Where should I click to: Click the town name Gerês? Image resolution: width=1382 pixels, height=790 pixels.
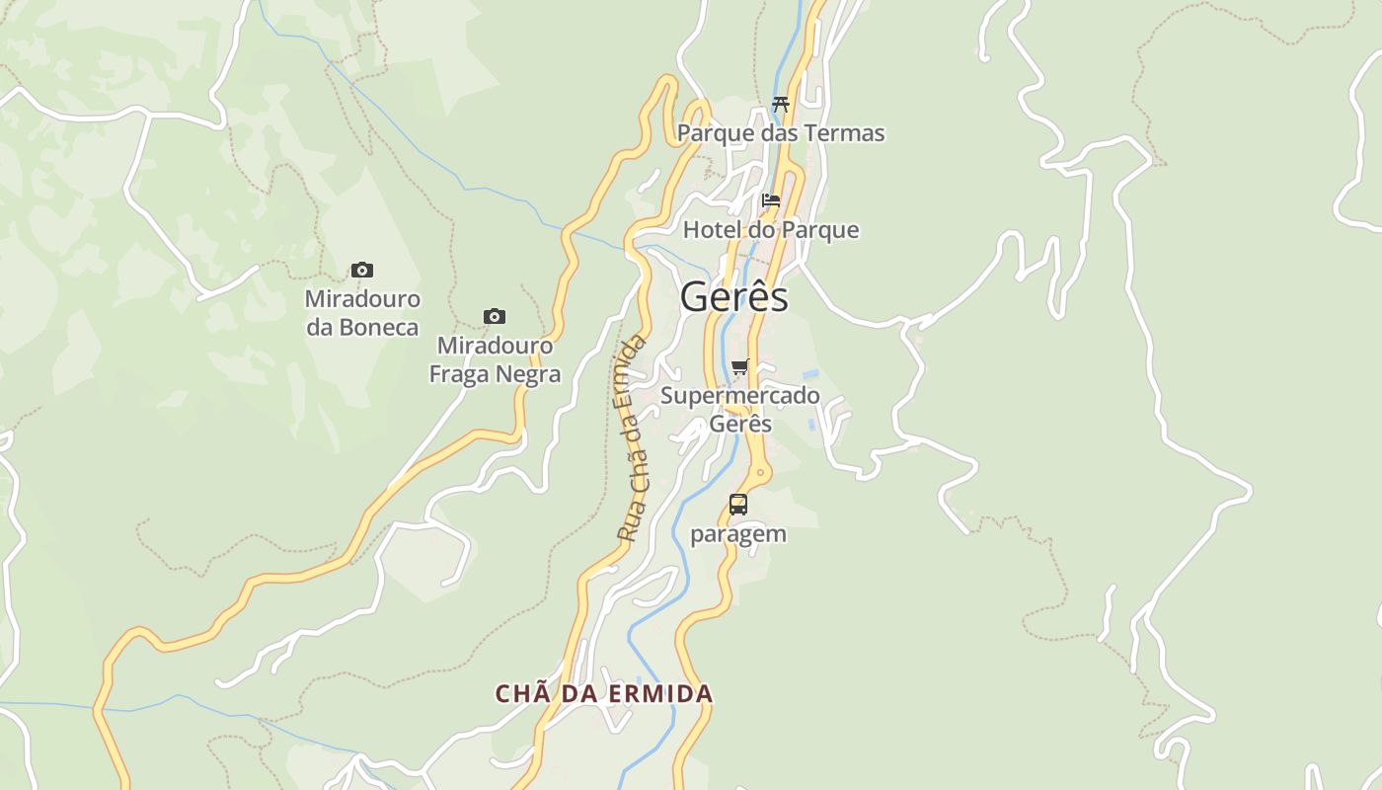(x=733, y=297)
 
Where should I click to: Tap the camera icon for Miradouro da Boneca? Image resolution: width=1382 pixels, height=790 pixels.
(x=362, y=270)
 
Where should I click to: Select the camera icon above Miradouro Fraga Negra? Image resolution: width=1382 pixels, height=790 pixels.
(x=495, y=316)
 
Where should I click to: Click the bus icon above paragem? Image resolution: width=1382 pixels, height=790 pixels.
(x=737, y=505)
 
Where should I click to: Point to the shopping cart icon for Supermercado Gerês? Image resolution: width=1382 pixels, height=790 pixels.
(x=740, y=367)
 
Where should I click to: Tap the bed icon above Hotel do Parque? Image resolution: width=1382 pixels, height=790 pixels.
(x=771, y=200)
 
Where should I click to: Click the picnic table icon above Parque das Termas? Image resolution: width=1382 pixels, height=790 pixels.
(x=781, y=104)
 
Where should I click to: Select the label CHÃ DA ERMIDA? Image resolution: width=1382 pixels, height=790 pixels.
(x=604, y=693)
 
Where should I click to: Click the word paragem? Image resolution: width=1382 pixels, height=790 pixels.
(x=738, y=534)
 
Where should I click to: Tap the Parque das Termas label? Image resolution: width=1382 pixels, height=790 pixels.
(x=781, y=133)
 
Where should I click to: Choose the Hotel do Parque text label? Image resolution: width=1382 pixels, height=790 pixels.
(x=771, y=230)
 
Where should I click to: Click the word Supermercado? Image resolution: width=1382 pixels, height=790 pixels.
(x=740, y=396)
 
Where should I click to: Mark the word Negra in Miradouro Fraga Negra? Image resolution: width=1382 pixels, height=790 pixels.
(x=529, y=374)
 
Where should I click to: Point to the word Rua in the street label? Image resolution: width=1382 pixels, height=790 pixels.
(x=626, y=524)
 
